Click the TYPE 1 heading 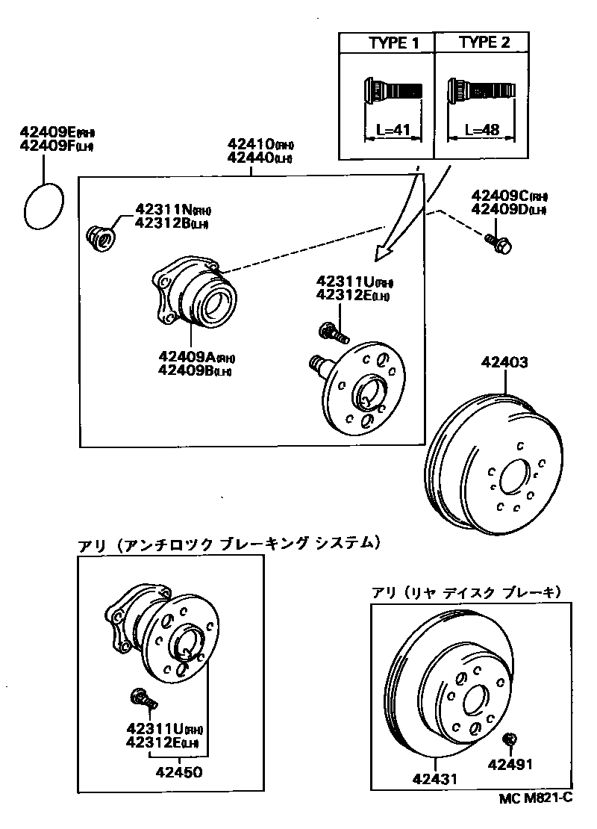pyautogui.click(x=393, y=43)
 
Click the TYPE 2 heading pyautogui.click(x=484, y=42)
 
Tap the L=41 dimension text pyautogui.click(x=393, y=130)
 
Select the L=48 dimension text pyautogui.click(x=481, y=130)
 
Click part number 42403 pyautogui.click(x=504, y=364)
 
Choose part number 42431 pyautogui.click(x=434, y=778)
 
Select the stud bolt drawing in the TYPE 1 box pyautogui.click(x=393, y=91)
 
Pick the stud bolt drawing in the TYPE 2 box pyautogui.click(x=481, y=91)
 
